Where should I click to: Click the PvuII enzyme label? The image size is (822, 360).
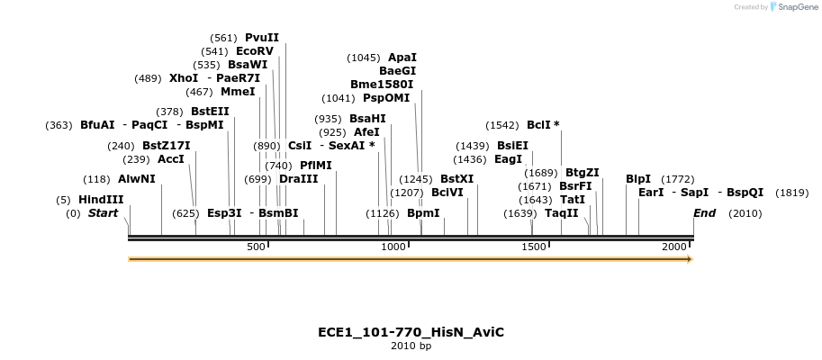click(262, 38)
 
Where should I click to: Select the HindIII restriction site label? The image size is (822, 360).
click(101, 200)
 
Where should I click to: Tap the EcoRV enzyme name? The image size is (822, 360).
click(254, 51)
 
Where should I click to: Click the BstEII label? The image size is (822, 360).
click(210, 111)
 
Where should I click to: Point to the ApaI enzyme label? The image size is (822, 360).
click(402, 57)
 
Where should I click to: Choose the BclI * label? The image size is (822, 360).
click(543, 125)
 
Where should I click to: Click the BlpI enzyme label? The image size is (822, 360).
click(638, 178)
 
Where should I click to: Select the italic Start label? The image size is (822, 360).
click(103, 213)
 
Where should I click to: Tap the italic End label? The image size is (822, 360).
click(705, 213)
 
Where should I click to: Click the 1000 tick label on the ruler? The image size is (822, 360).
click(394, 247)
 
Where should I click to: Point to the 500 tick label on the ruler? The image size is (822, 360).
click(257, 247)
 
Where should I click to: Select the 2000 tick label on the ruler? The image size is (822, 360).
click(674, 247)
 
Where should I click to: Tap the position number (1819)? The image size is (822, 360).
click(791, 193)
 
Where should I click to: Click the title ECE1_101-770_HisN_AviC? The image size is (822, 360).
click(411, 332)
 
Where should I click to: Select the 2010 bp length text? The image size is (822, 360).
click(411, 346)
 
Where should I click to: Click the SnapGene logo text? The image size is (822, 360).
click(797, 7)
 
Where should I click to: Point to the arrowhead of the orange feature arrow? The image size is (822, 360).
click(689, 259)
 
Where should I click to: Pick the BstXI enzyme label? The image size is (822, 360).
click(456, 179)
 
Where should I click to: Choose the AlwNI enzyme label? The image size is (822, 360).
click(136, 179)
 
